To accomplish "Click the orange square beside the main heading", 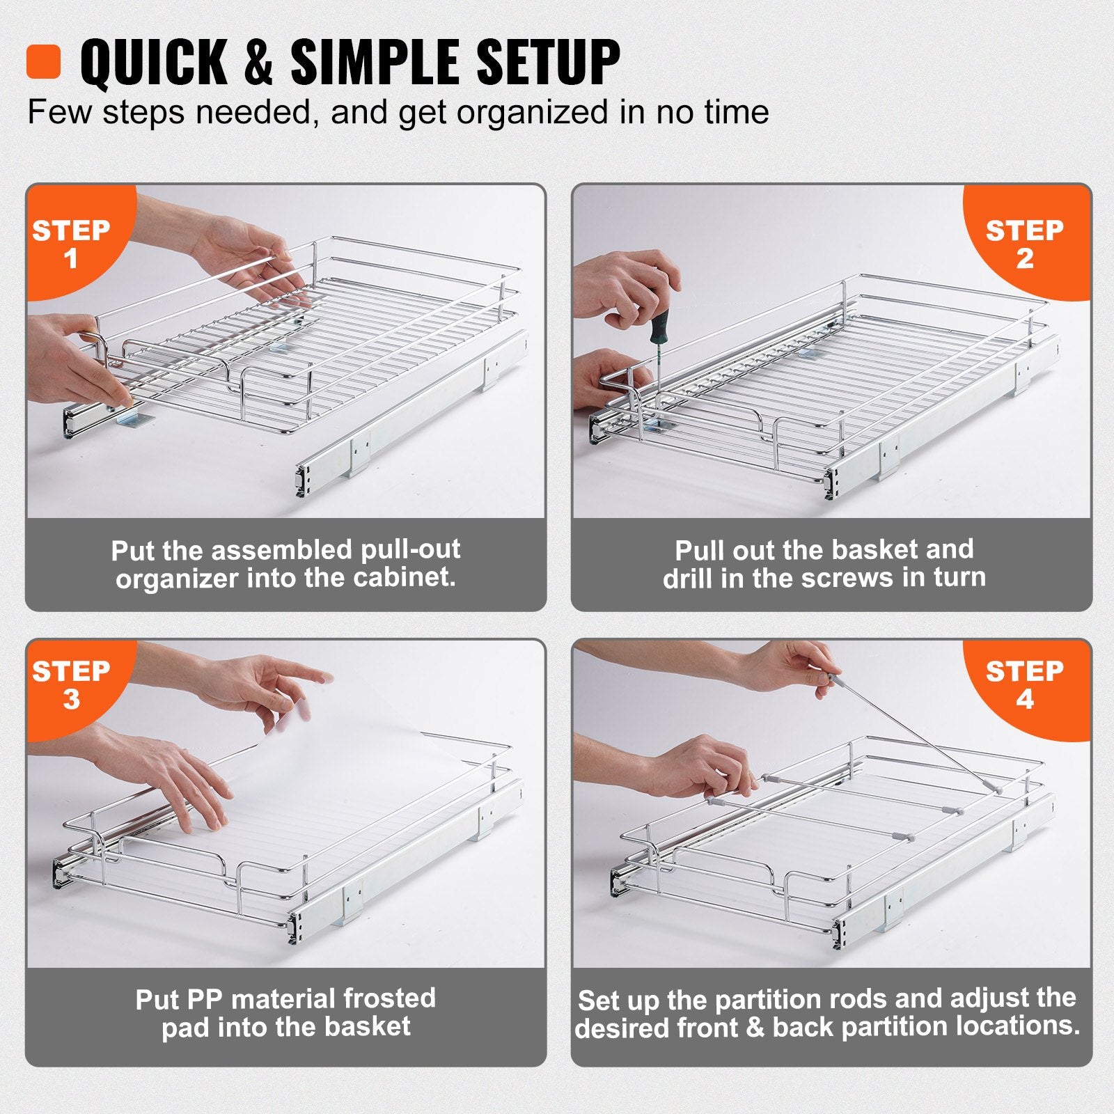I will pyautogui.click(x=43, y=62).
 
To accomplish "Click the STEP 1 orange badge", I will pyautogui.click(x=71, y=243).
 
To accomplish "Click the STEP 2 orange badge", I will pyautogui.click(x=1025, y=243).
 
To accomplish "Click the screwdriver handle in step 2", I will pyautogui.click(x=659, y=327).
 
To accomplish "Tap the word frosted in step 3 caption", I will pyautogui.click(x=389, y=998).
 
